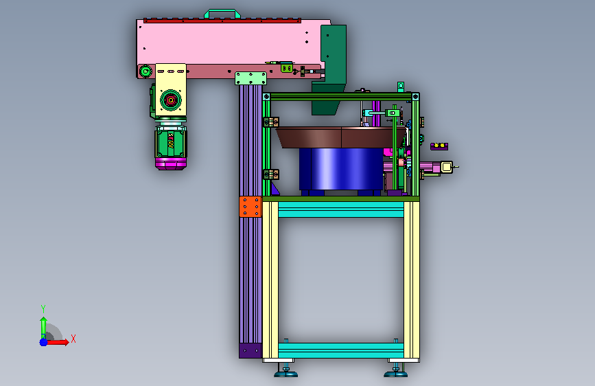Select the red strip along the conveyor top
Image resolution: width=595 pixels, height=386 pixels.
pos(222,21)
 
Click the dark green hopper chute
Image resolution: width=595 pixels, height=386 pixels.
pos(329,69)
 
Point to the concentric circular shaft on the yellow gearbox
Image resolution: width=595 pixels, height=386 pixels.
pos(170,100)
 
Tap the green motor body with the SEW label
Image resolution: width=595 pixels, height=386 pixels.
pos(171,142)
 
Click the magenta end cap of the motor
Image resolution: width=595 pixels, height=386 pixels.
pos(171,163)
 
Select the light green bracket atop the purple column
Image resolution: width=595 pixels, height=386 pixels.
pos(250,78)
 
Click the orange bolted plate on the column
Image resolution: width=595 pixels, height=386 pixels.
pos(250,207)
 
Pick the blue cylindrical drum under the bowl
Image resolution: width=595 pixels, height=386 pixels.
pos(341,169)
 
